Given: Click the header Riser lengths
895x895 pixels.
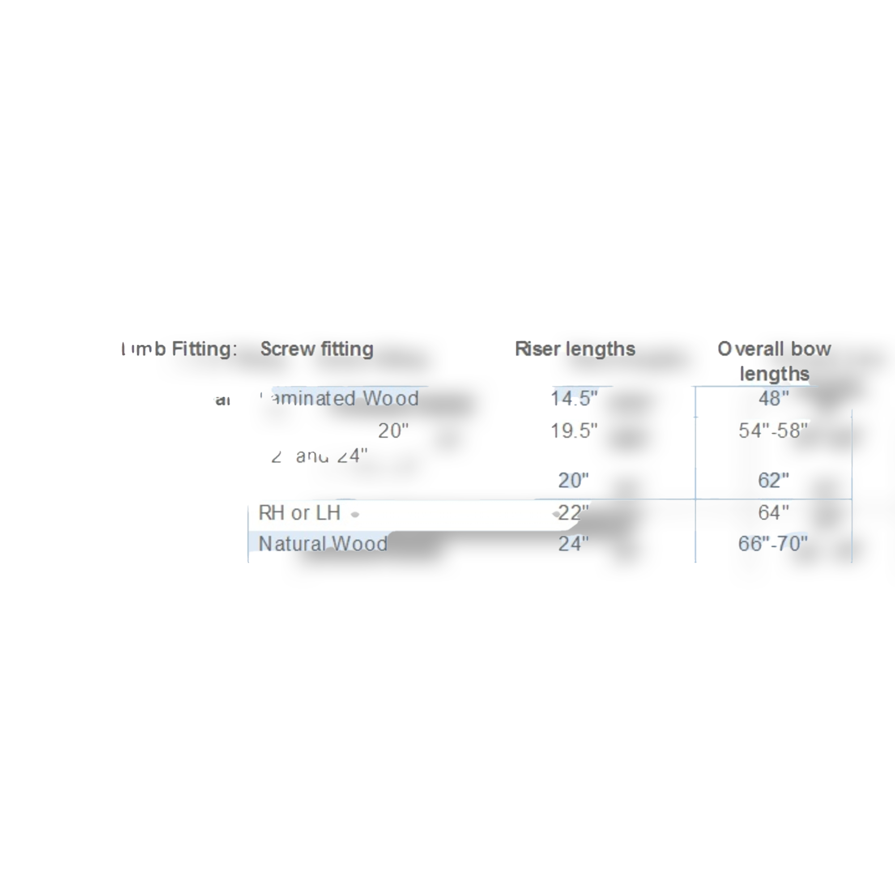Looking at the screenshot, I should (x=575, y=349).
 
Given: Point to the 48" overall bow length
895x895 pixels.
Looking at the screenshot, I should (x=774, y=398).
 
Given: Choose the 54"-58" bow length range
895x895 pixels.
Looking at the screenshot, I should (x=774, y=430).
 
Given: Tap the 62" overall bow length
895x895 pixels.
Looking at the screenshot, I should (x=774, y=480).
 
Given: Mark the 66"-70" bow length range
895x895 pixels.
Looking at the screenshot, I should (x=773, y=543).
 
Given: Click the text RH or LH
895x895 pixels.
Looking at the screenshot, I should (x=299, y=513).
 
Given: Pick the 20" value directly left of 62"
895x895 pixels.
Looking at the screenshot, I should (x=574, y=480).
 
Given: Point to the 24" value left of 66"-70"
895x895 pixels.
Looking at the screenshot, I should (x=574, y=543).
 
